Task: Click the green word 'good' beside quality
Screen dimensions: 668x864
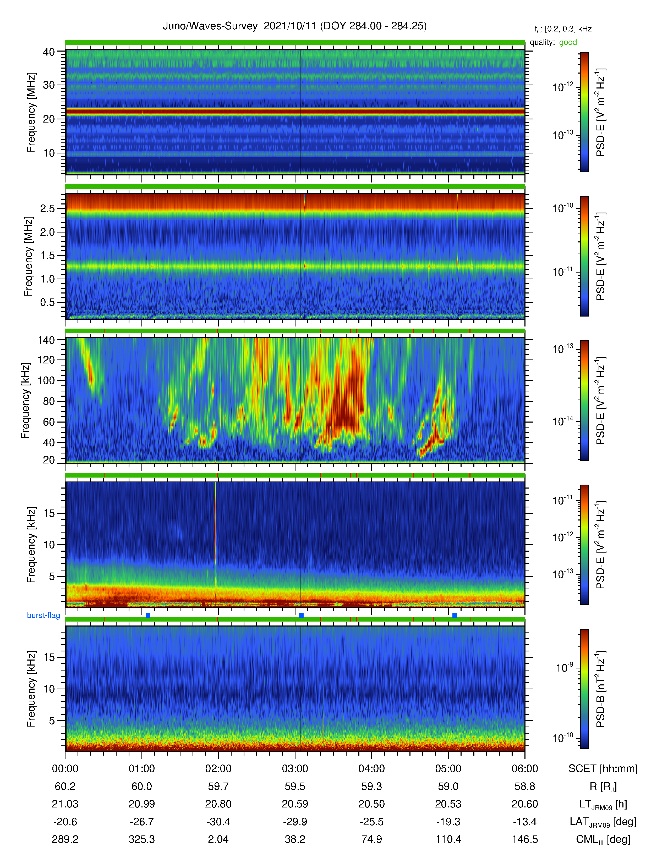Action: point(568,42)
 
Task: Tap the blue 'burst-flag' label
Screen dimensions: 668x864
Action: point(43,615)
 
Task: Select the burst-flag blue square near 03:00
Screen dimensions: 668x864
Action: point(301,615)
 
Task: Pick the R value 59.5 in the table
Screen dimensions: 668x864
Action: point(295,787)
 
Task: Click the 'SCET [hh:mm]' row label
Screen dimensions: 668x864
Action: point(603,769)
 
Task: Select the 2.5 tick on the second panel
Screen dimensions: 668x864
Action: point(47,208)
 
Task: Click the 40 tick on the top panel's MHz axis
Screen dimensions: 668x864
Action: point(49,52)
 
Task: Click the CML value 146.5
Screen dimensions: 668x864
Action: point(525,839)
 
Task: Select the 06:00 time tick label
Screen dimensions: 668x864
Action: point(525,769)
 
